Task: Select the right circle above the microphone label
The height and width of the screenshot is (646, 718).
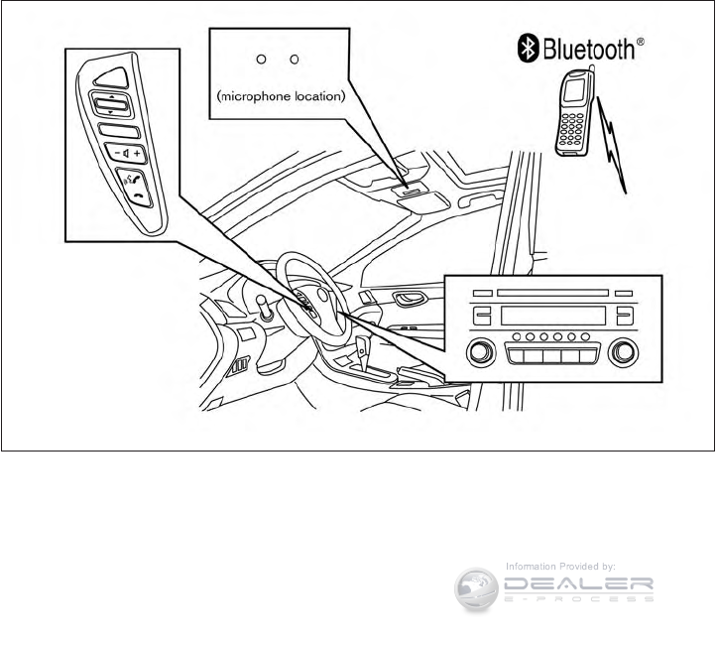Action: pos(294,60)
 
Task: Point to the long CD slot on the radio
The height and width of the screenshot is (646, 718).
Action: pos(551,293)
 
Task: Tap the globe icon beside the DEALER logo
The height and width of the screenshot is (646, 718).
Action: pos(476,589)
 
